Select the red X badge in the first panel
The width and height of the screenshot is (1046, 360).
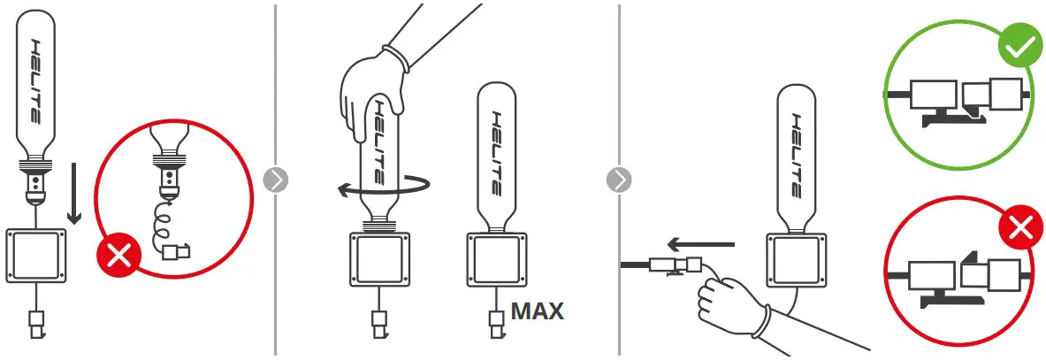click(x=117, y=257)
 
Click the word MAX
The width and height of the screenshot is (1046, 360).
click(x=537, y=311)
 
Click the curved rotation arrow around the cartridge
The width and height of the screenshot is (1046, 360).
click(x=385, y=186)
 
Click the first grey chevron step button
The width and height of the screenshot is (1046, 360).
click(x=276, y=180)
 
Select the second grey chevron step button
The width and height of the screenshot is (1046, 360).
click(x=619, y=180)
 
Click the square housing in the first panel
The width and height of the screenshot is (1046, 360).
click(x=37, y=257)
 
